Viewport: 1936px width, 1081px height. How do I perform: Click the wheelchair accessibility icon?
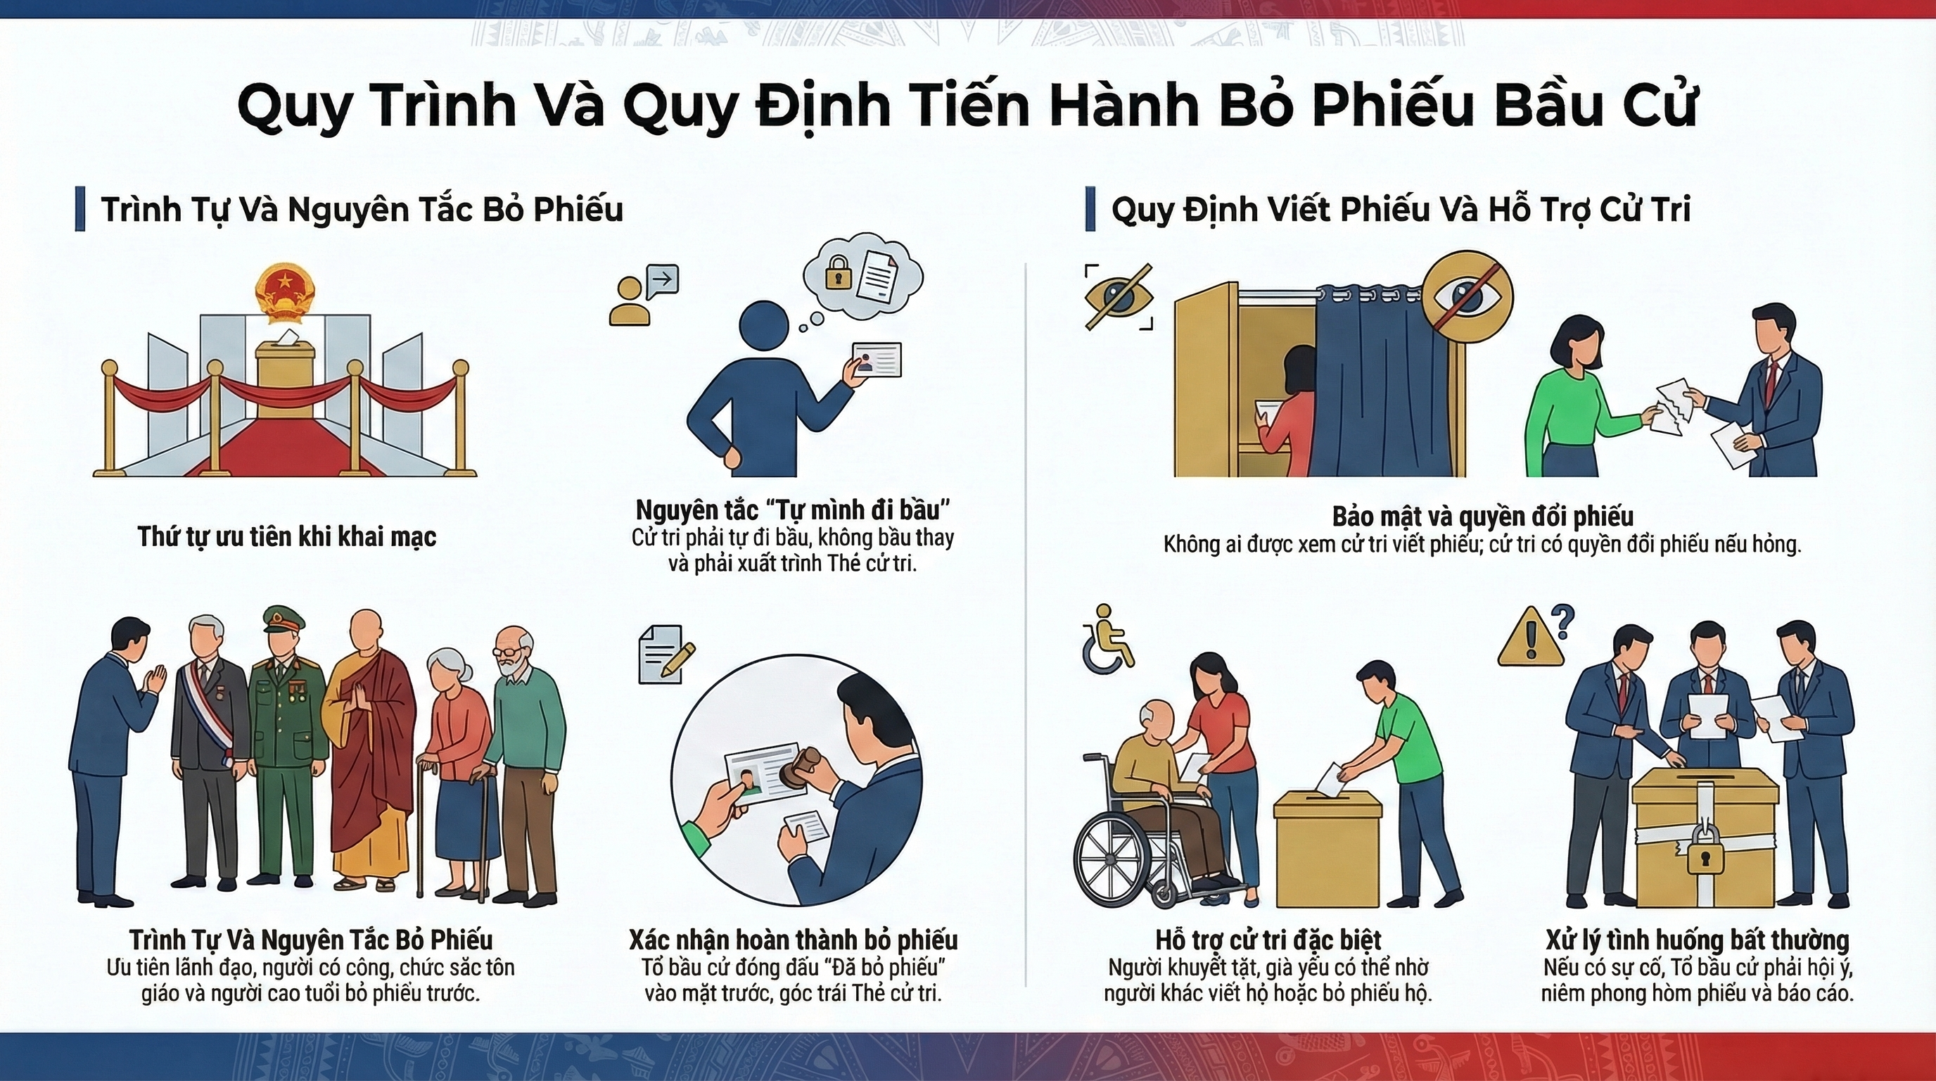coord(1107,638)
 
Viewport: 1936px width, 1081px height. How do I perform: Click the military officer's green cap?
coord(284,619)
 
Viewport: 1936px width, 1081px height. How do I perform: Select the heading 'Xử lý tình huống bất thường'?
coord(1697,940)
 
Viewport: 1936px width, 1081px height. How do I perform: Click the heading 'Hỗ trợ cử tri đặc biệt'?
coord(1268,940)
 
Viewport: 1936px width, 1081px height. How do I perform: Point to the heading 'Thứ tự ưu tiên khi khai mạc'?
coord(287,537)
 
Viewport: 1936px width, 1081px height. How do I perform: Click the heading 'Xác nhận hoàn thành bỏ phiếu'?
coord(793,940)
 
